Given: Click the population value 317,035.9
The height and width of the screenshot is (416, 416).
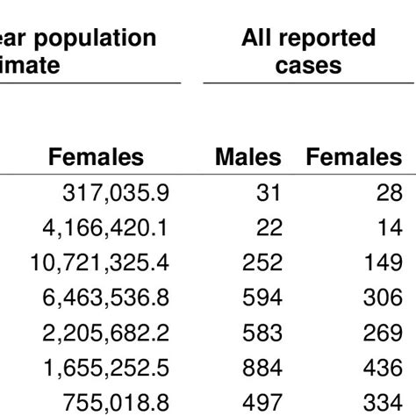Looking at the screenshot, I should click(117, 193).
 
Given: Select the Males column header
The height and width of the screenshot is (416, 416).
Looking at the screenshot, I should click(248, 157).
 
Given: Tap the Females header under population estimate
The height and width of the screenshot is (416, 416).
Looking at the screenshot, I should click(97, 157).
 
